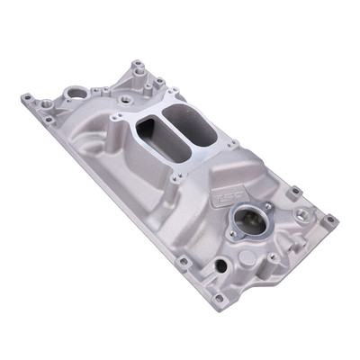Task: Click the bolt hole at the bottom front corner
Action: coord(217,297)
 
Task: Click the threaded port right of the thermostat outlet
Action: coord(298,214)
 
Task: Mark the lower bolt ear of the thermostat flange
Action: coord(232,236)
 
